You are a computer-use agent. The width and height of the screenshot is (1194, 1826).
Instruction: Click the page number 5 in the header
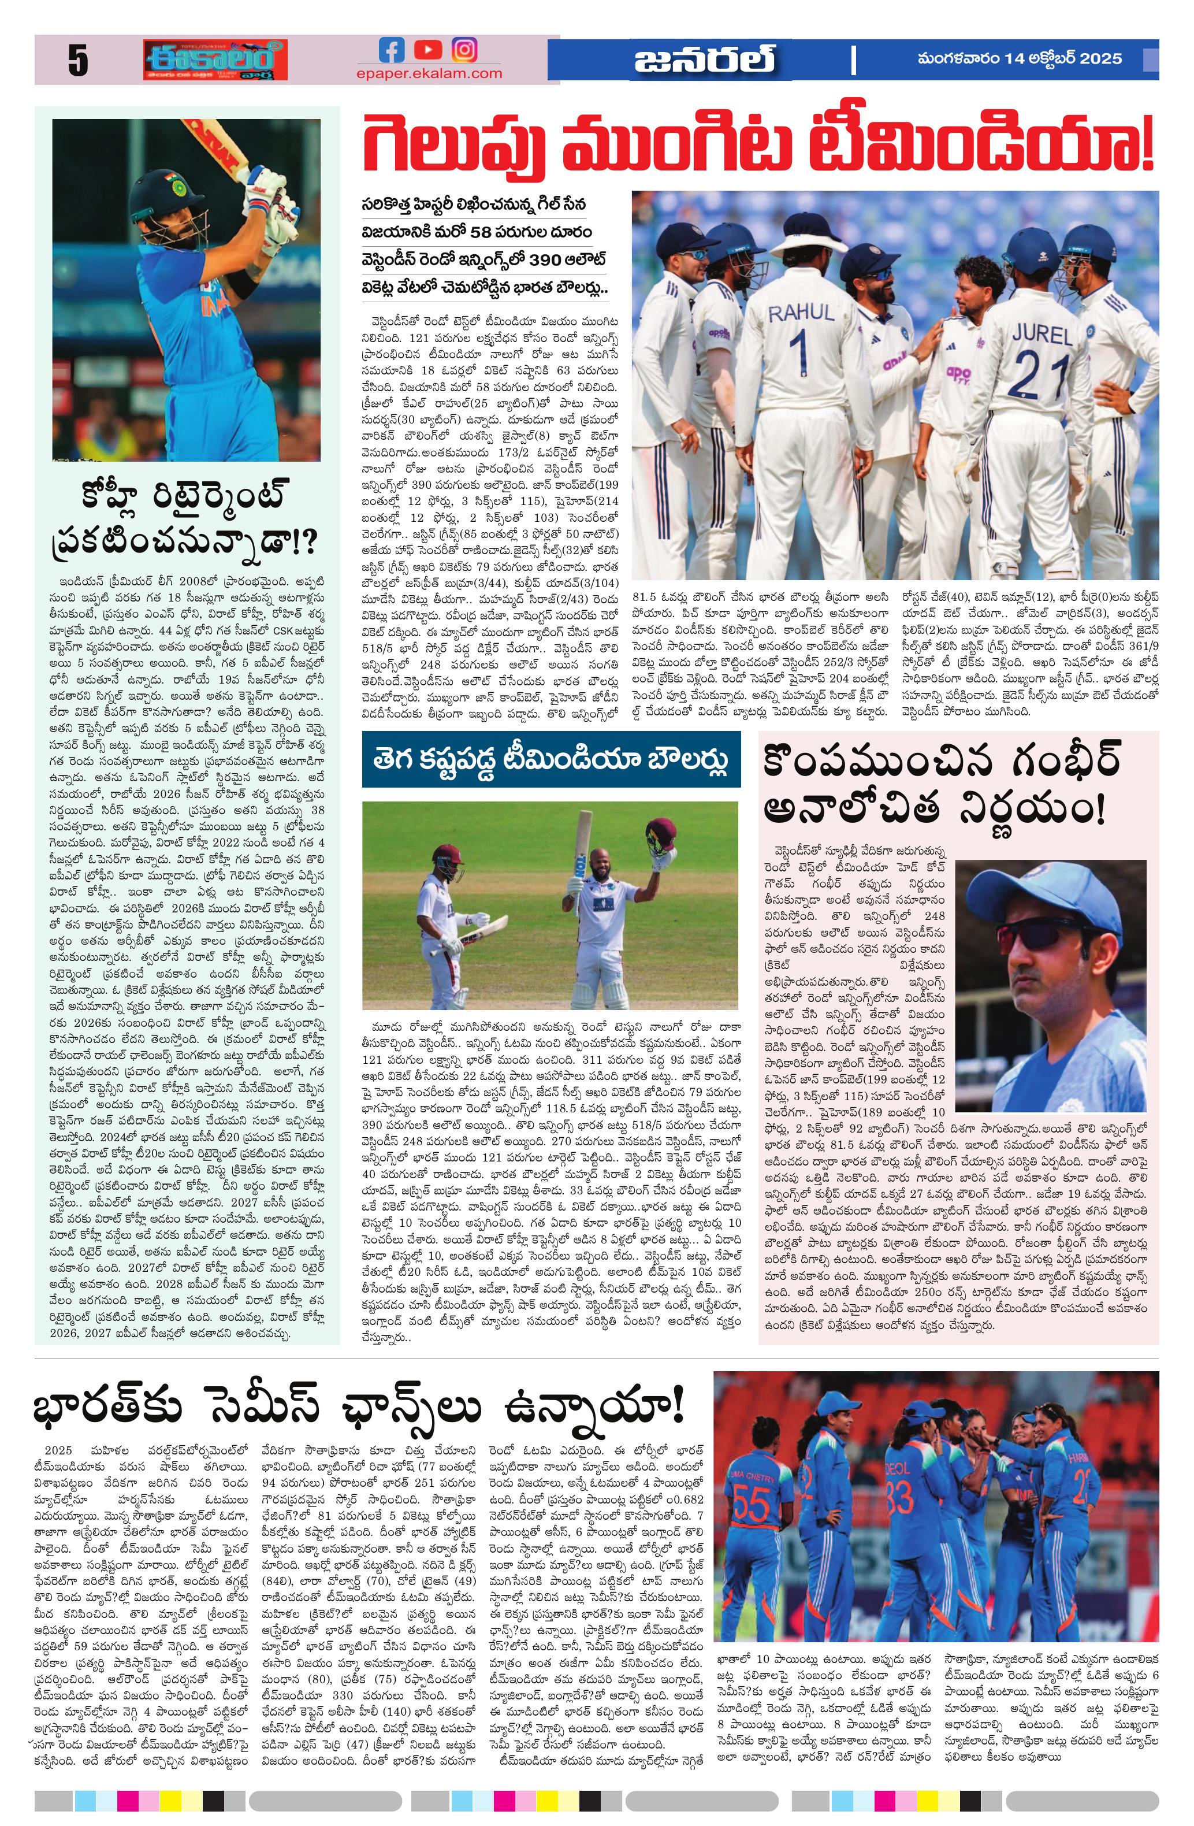pyautogui.click(x=77, y=61)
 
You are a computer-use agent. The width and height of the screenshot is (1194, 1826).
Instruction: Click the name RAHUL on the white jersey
pyautogui.click(x=801, y=312)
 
